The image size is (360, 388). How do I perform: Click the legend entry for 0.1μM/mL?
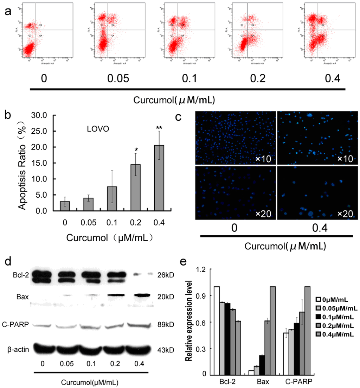click(337, 317)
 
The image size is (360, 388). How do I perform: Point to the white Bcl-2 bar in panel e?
click(217, 331)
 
